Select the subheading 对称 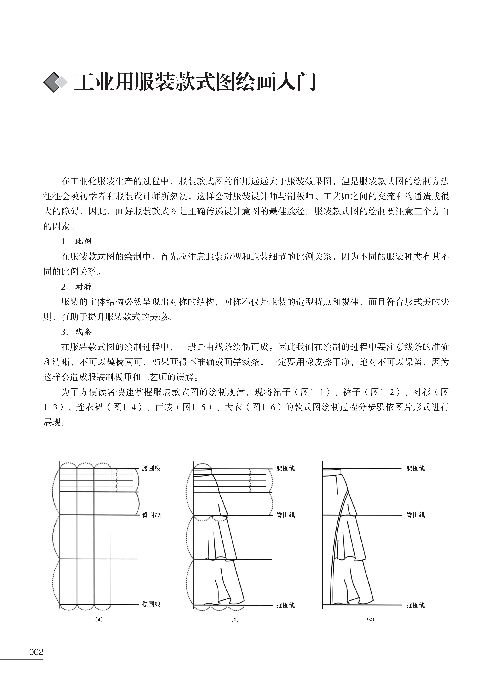84,287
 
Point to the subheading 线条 84,332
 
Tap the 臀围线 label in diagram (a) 151,515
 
